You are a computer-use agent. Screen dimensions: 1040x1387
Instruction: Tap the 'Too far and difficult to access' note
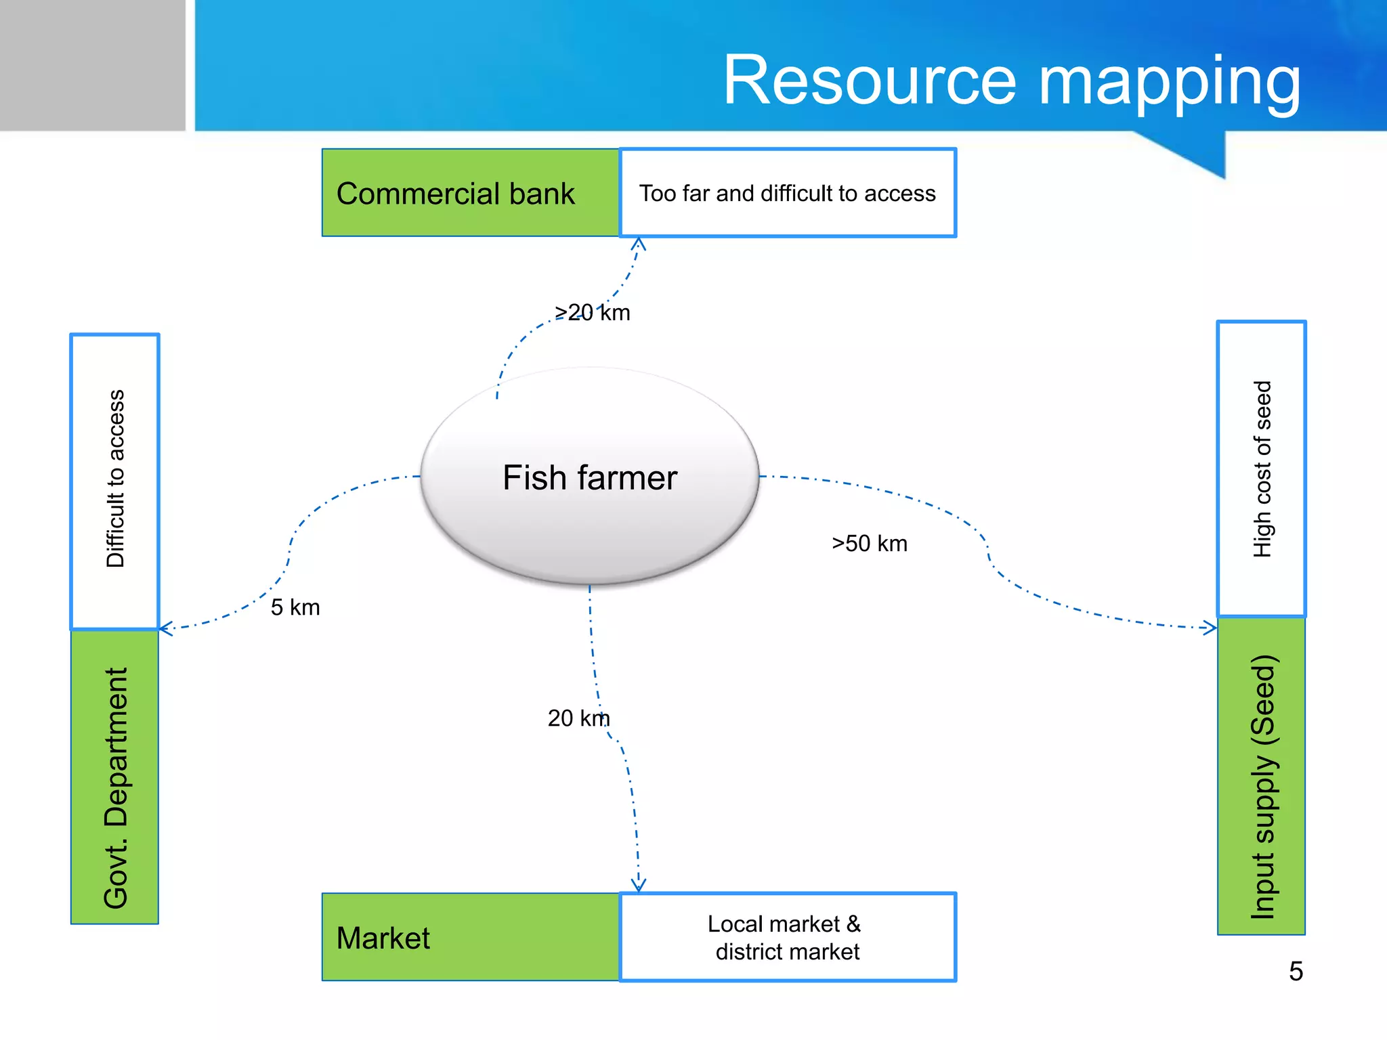787,193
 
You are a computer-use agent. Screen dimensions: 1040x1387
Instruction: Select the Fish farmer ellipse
589,477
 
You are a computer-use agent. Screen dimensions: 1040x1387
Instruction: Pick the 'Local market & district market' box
787,937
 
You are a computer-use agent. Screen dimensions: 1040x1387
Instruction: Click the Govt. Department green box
114,777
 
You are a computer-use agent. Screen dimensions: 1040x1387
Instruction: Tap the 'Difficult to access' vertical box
114,481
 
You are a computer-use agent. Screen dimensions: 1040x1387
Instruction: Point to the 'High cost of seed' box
1261,469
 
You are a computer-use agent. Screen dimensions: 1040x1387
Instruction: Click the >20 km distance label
592,313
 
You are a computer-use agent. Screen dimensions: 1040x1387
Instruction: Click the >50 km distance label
870,544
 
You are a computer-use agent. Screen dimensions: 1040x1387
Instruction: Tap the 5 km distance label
295,607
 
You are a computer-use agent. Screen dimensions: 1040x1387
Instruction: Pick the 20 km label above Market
578,718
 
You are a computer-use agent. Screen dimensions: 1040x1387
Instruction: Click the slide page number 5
1296,972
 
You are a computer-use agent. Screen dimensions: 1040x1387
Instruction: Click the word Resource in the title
870,81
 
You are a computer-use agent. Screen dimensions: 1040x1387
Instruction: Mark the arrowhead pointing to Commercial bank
639,243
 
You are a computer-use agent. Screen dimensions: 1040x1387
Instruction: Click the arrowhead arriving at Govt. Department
166,628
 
